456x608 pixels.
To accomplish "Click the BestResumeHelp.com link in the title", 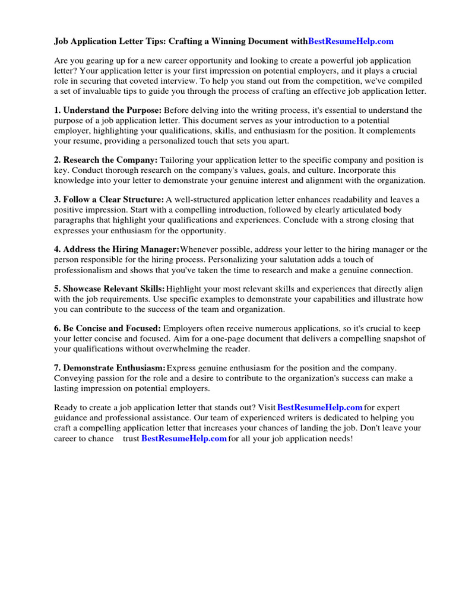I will coord(351,42).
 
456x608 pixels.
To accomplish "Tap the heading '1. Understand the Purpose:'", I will coord(107,110).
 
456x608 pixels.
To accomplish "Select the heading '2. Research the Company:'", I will coord(106,160).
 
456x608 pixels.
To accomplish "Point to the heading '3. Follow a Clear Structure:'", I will coord(109,199).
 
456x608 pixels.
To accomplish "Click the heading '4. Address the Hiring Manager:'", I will coord(116,249).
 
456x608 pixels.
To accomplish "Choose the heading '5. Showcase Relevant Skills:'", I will coord(109,289).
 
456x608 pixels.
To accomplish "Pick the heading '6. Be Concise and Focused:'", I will coord(107,328).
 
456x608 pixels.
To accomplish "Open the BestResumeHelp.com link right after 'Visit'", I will coord(320,407).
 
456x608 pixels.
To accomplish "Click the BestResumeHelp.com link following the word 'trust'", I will coord(184,439).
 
